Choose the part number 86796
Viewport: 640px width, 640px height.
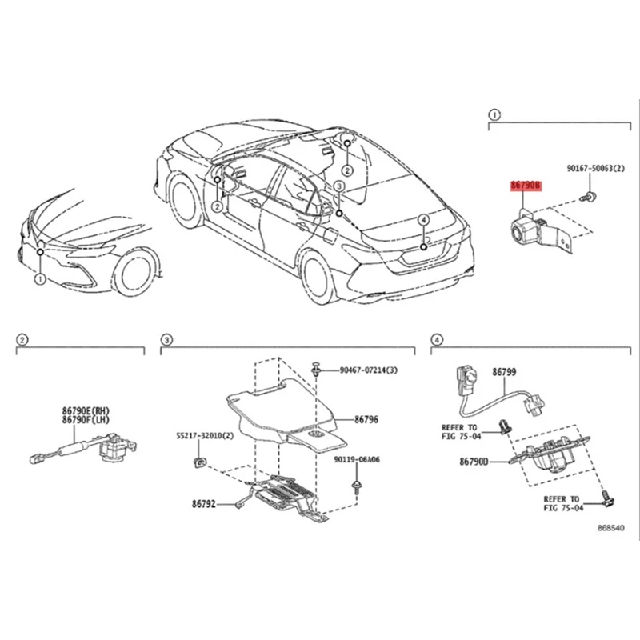coord(366,418)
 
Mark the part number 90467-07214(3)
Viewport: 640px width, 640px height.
coord(368,370)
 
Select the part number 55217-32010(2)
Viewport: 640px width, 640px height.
coord(205,437)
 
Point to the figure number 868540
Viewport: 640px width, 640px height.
coord(612,530)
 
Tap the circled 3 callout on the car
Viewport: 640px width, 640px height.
coord(338,186)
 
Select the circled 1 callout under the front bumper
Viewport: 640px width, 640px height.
coord(39,278)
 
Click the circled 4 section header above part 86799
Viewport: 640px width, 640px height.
coord(437,341)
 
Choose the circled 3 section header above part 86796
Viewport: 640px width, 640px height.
coord(166,341)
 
